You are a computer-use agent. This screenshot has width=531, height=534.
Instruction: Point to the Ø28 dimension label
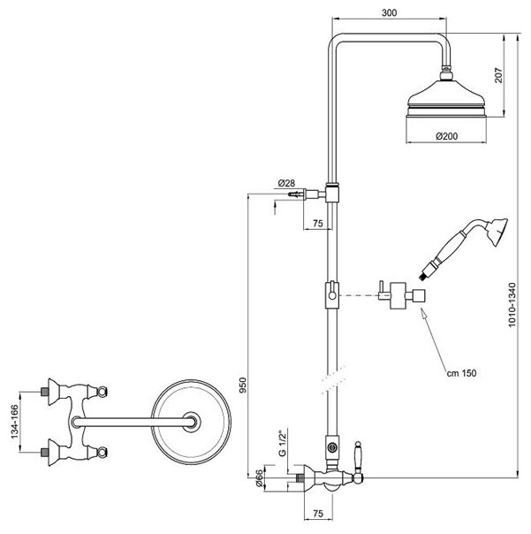tap(286, 183)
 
